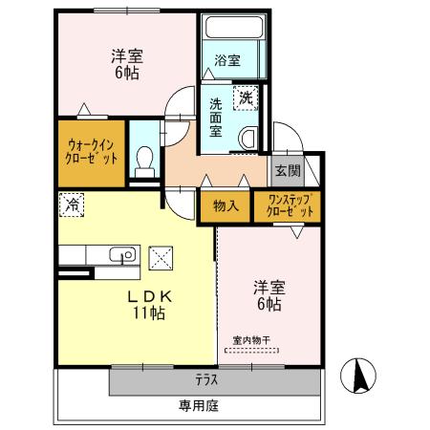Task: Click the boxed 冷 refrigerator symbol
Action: pyautogui.click(x=71, y=203)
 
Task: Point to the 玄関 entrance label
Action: pyautogui.click(x=287, y=171)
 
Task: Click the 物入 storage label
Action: pyautogui.click(x=226, y=205)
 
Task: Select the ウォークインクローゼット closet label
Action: pyautogui.click(x=92, y=153)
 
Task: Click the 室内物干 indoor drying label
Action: pyautogui.click(x=252, y=340)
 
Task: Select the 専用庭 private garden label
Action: pyautogui.click(x=198, y=406)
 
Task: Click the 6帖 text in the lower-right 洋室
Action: pyautogui.click(x=268, y=304)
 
